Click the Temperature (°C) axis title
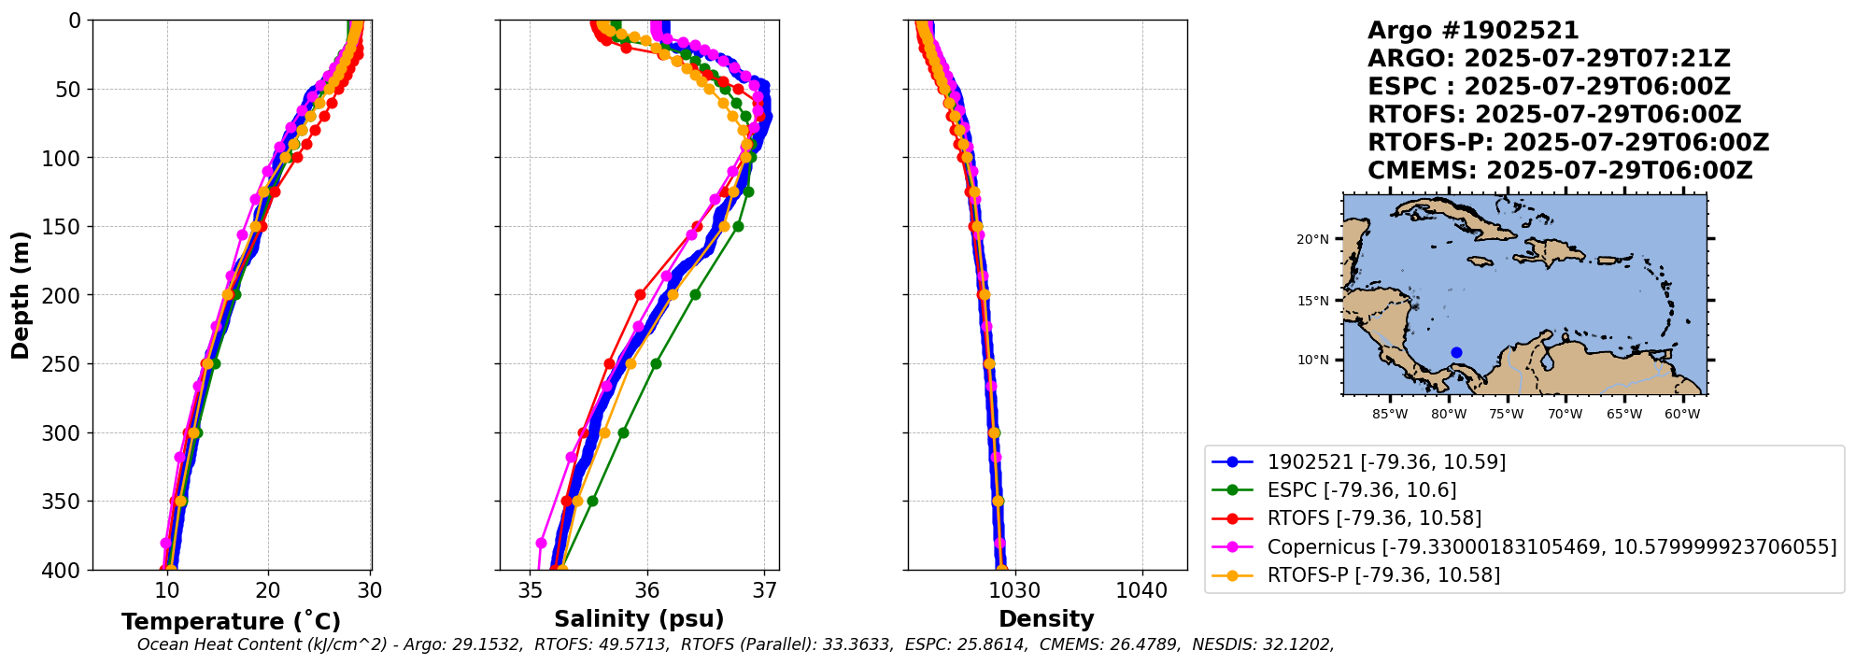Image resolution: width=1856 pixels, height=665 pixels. pyautogui.click(x=231, y=621)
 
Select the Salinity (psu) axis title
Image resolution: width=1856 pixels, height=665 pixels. pyautogui.click(x=639, y=618)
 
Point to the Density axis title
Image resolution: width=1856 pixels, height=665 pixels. pyautogui.click(x=1046, y=618)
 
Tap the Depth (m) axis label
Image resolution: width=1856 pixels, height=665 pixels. pyautogui.click(x=20, y=295)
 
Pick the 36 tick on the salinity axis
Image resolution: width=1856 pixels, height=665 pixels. pyautogui.click(x=647, y=590)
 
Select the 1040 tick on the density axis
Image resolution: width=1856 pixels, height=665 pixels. pyautogui.click(x=1141, y=590)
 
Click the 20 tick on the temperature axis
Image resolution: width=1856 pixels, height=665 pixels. pyautogui.click(x=268, y=590)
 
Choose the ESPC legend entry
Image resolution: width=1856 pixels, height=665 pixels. pyautogui.click(x=1361, y=489)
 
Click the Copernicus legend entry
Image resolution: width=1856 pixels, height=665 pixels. pyautogui.click(x=1551, y=546)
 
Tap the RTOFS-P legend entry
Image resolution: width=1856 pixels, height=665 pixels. pyautogui.click(x=1382, y=574)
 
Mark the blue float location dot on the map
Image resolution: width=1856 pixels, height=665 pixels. pyautogui.click(x=1456, y=352)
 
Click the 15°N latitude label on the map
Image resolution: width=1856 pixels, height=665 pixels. pyautogui.click(x=1311, y=301)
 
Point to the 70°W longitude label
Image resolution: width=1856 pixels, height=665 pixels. pyautogui.click(x=1565, y=414)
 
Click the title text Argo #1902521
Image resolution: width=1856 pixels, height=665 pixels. pyautogui.click(x=1472, y=31)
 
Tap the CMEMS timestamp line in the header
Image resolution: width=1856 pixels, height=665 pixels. pyautogui.click(x=1559, y=171)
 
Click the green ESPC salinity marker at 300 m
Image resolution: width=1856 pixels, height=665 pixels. pyautogui.click(x=623, y=432)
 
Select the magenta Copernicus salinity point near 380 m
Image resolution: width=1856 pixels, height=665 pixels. pyautogui.click(x=541, y=543)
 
